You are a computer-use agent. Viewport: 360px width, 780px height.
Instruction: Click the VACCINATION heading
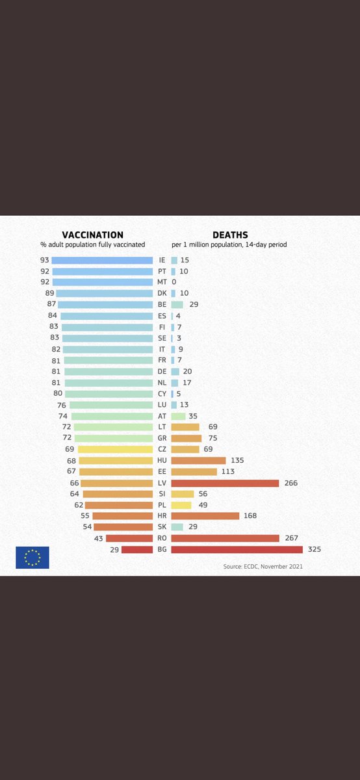click(92, 235)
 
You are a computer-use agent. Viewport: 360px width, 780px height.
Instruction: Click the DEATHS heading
click(229, 235)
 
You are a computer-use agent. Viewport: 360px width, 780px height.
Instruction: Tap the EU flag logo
click(32, 558)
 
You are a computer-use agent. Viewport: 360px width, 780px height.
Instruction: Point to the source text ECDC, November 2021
click(263, 566)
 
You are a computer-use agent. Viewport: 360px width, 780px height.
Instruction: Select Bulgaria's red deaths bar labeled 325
click(237, 549)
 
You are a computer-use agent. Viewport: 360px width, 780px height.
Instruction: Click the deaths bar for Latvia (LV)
click(225, 483)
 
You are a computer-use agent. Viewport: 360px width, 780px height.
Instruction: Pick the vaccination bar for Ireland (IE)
click(102, 260)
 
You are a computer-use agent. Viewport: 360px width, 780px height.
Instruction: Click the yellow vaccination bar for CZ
click(115, 449)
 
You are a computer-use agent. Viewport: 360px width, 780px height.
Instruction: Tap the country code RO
click(162, 538)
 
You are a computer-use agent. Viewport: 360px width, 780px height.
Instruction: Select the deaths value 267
click(290, 538)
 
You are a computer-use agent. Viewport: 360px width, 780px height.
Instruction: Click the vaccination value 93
click(44, 260)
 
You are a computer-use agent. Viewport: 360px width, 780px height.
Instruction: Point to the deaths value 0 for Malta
click(174, 282)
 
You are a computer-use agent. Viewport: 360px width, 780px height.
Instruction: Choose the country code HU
click(162, 460)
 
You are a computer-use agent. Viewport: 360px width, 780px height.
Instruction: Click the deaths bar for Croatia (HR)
click(205, 516)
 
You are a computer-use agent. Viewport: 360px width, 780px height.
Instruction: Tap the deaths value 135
click(237, 460)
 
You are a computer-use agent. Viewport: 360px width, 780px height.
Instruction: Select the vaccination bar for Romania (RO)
click(129, 538)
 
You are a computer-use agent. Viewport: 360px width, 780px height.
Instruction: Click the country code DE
click(162, 371)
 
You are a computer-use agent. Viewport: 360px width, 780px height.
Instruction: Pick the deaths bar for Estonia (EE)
click(194, 471)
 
